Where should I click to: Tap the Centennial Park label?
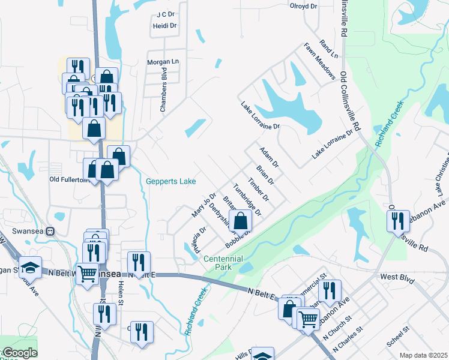pyautogui.click(x=223, y=262)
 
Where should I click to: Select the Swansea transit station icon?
pyautogui.click(x=50, y=230)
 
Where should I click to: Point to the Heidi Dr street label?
pyautogui.click(x=165, y=26)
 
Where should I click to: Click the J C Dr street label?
pyautogui.click(x=164, y=14)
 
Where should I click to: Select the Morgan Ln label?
pyautogui.click(x=163, y=62)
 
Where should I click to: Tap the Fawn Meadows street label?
pyautogui.click(x=319, y=61)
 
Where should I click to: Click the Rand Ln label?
pyautogui.click(x=330, y=50)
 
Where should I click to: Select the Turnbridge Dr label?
pyautogui.click(x=248, y=200)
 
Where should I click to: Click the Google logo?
pyautogui.click(x=19, y=353)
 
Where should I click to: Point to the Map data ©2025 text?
pyautogui.click(x=423, y=355)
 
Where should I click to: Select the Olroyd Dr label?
pyautogui.click(x=303, y=6)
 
